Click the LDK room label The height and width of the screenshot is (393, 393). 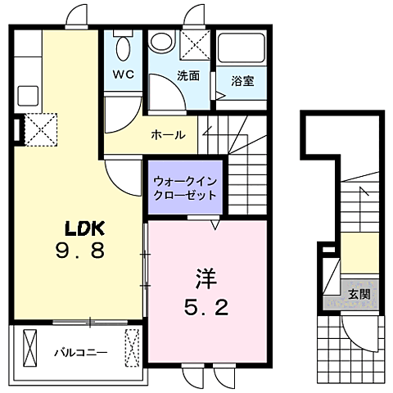pos(83,227)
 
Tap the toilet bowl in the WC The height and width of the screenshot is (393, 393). pos(124,48)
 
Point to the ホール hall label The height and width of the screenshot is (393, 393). pos(167,135)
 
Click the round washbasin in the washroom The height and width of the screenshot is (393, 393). pos(162,44)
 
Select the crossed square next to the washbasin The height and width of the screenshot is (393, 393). pos(196,44)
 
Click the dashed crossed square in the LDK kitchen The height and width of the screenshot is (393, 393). pos(38,129)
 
